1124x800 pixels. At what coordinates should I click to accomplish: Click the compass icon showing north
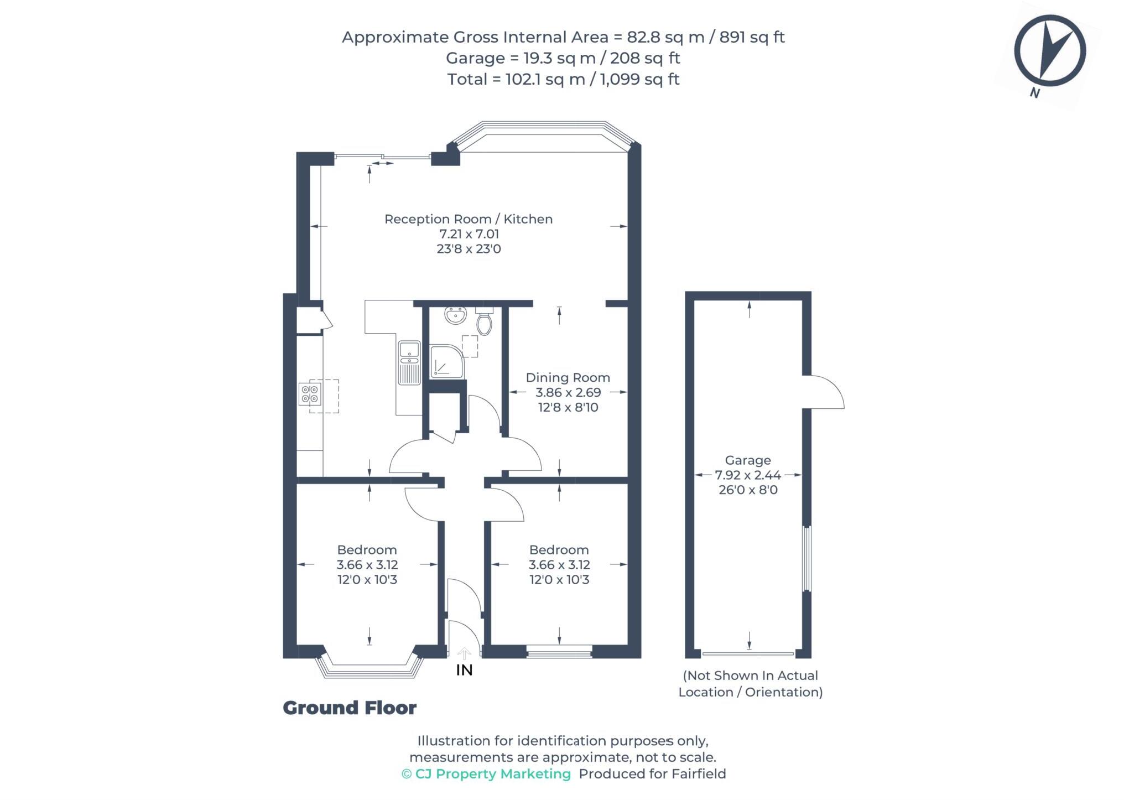pos(1049,51)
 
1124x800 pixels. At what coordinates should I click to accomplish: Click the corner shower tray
pos(446,362)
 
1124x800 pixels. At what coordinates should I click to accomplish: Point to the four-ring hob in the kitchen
pos(309,394)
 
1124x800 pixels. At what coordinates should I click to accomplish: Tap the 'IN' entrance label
pos(464,670)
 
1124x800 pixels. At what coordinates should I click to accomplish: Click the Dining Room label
pos(568,377)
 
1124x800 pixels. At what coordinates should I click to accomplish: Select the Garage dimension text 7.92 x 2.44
pos(748,475)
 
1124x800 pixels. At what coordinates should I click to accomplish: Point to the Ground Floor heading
pos(350,708)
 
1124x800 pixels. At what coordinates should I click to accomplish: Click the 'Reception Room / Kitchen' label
pos(468,219)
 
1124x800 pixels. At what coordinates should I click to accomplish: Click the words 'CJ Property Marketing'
pos(492,774)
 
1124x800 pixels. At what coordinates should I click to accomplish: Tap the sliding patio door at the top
pos(382,158)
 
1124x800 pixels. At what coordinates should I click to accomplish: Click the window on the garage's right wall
pos(806,559)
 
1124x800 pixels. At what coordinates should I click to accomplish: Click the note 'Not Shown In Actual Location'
pos(750,684)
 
